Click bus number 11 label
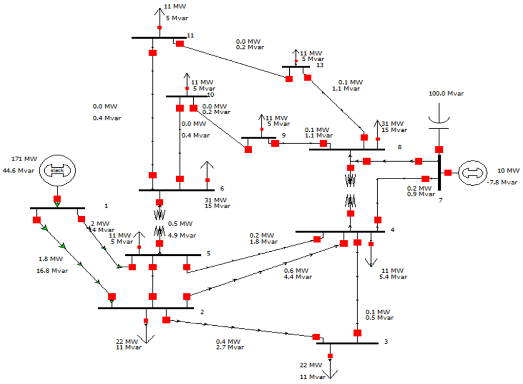click(x=190, y=36)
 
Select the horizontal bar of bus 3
click(x=347, y=343)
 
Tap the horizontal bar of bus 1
click(x=57, y=208)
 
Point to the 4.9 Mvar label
click(x=182, y=236)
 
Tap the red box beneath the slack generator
click(x=57, y=199)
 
